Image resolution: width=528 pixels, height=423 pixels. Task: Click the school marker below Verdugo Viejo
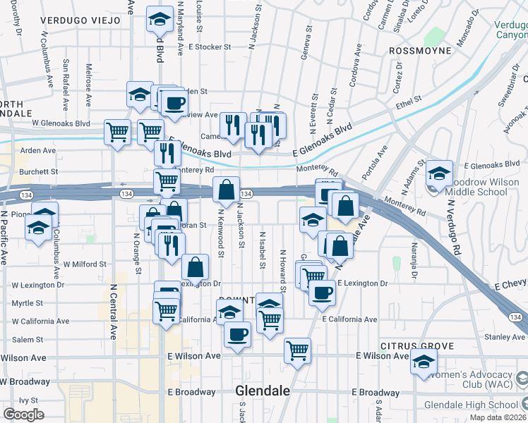pos(160,20)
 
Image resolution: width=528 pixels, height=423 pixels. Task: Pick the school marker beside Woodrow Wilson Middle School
pos(438,173)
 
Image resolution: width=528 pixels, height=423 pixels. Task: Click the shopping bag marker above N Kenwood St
pos(225,190)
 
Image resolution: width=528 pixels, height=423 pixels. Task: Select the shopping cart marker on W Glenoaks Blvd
pos(117,132)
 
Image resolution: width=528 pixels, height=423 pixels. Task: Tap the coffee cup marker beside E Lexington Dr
pos(323,292)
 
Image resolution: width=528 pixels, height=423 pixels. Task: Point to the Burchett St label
pos(39,171)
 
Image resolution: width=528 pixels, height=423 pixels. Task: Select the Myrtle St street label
pos(28,303)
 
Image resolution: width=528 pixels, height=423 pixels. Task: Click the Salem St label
pos(28,340)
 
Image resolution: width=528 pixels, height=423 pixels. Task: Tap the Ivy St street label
pos(28,400)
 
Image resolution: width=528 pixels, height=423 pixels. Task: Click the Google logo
pos(23,415)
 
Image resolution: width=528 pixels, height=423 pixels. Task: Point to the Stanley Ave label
pos(504,337)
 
